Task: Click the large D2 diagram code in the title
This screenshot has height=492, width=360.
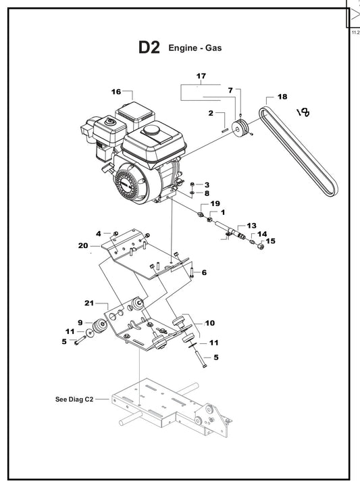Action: tap(149, 48)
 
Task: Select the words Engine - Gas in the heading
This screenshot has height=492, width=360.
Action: tap(195, 48)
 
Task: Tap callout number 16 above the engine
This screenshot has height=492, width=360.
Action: tap(116, 91)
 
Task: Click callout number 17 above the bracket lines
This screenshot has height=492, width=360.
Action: tap(201, 75)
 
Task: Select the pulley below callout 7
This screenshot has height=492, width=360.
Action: tap(239, 128)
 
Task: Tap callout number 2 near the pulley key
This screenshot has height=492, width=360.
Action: tap(211, 113)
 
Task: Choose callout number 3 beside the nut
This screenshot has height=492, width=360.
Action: tap(207, 184)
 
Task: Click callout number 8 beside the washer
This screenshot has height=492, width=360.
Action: tap(207, 194)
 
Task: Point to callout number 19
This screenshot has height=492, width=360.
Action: tap(215, 203)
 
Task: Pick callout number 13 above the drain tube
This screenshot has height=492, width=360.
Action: tap(251, 225)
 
